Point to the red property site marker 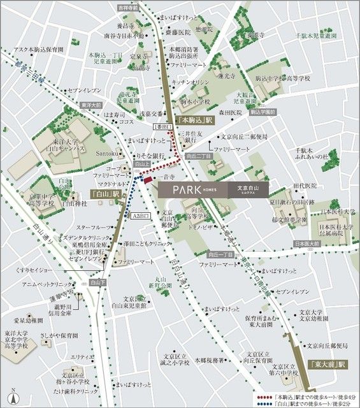pyautogui.click(x=148, y=183)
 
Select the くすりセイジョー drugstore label pyautogui.click(x=41, y=271)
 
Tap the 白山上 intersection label pyautogui.click(x=141, y=164)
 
